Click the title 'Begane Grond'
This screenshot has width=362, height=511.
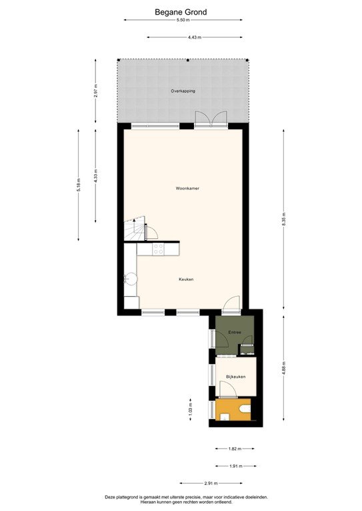point(181,11)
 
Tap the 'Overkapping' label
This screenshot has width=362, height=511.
point(183,90)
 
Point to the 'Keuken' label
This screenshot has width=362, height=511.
point(186,279)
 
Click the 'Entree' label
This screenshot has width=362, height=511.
point(234,331)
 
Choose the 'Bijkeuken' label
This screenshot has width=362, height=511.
point(236,377)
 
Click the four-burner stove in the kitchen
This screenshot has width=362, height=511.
point(159,249)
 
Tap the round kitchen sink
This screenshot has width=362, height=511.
point(130,279)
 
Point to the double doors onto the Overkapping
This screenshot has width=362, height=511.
point(211,120)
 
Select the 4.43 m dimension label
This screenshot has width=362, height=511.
point(194,37)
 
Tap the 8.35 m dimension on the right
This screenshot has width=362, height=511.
point(285,222)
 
